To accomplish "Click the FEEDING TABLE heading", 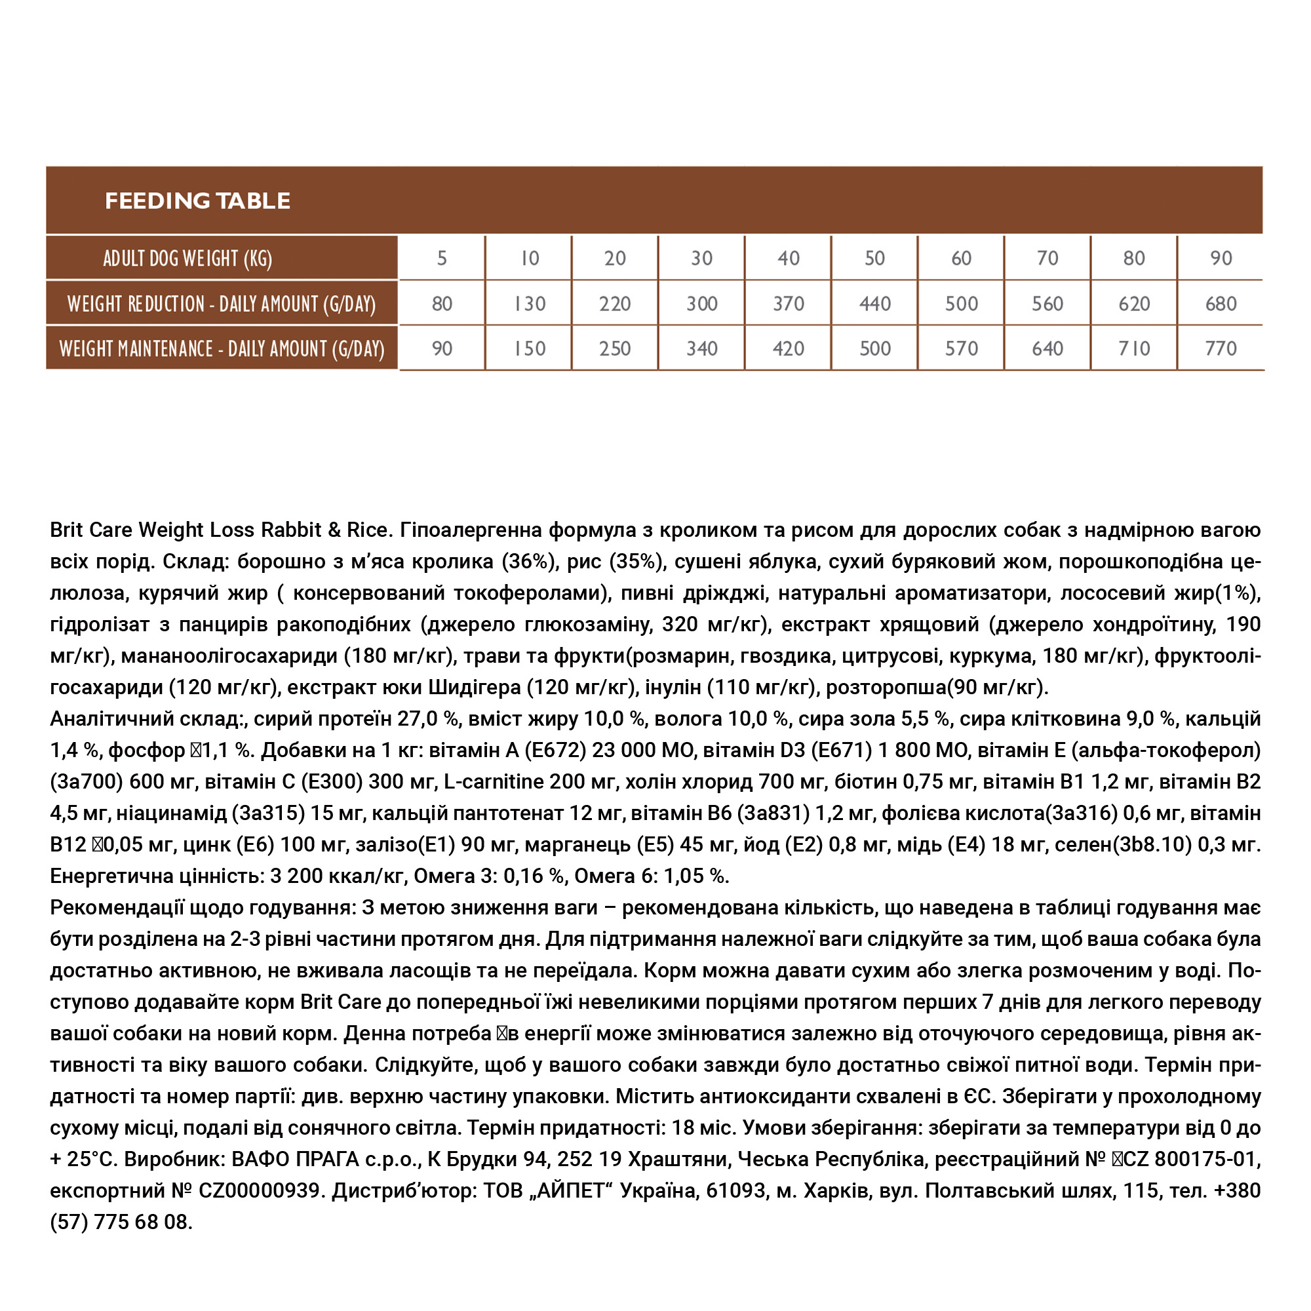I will pos(197,201).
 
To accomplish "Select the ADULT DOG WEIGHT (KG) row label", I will pos(187,258).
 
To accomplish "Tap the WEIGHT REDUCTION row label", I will pos(221,304).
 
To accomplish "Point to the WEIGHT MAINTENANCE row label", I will pos(221,349).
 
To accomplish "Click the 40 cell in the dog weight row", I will pos(788,258).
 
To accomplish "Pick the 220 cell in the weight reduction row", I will pos(615,304).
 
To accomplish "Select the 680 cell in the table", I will pos(1221,304).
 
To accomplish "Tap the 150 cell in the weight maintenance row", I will pos(528,349).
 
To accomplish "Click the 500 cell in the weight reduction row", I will pos(961,304).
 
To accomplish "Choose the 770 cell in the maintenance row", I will pos(1221,349).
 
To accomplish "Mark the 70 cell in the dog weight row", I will pos(1047,258).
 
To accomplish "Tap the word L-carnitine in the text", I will pos(494,782).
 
